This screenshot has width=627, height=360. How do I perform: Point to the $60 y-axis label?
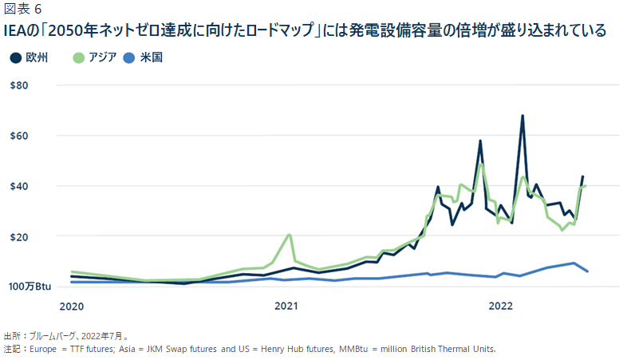[18, 135]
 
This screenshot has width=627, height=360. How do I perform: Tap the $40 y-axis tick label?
[18, 186]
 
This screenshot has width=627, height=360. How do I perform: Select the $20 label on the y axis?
[18, 236]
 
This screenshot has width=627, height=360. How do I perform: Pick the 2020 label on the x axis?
[72, 306]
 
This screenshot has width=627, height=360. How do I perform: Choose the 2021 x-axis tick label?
[286, 306]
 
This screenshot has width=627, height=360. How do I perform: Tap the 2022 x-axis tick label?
[501, 306]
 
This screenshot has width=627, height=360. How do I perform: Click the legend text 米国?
[151, 58]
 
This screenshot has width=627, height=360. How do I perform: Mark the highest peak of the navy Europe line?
[522, 116]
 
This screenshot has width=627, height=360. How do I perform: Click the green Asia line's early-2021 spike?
[289, 235]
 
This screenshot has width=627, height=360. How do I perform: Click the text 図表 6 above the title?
[23, 10]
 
